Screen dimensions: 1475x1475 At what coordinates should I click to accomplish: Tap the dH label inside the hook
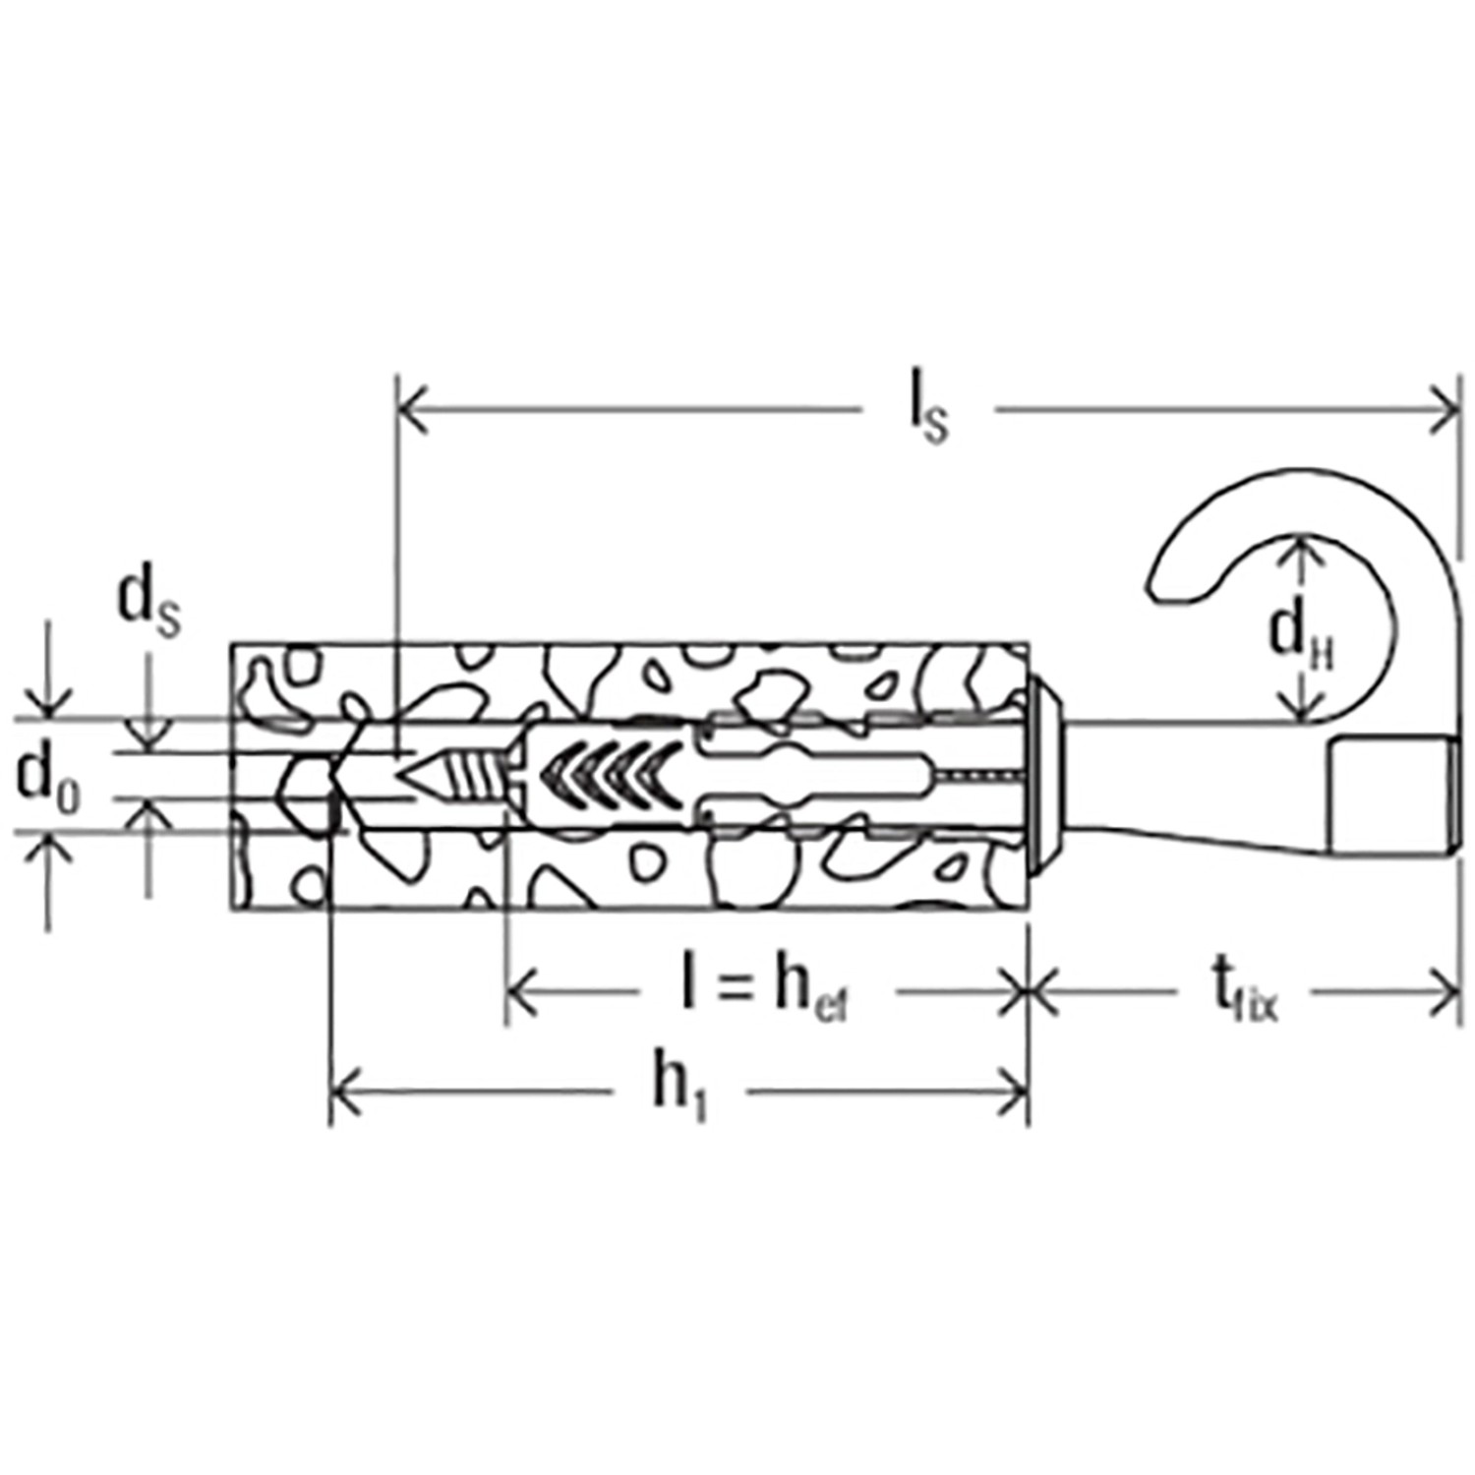(1300, 637)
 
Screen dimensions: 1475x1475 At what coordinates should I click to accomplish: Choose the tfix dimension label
(1245, 992)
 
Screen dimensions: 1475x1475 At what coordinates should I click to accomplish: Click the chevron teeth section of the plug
(610, 774)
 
